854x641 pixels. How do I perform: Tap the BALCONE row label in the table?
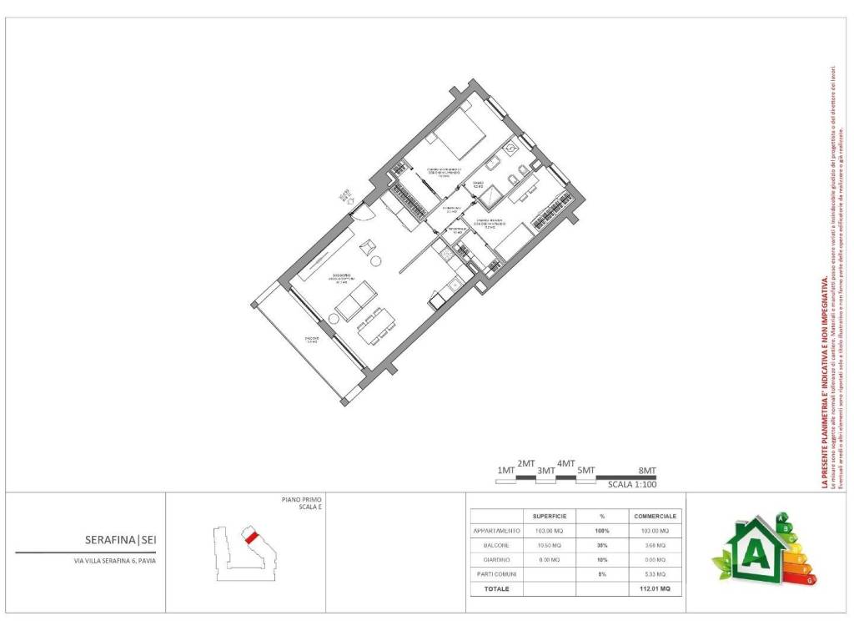[496, 545]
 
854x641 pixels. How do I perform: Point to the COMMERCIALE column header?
[655, 516]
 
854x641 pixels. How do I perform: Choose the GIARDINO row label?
[496, 559]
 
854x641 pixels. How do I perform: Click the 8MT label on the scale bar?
[647, 471]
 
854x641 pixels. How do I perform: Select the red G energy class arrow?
[808, 578]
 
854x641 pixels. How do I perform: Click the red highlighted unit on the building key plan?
[250, 538]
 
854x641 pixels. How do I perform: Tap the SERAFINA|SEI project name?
[120, 540]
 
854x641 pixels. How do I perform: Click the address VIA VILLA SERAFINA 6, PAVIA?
[114, 561]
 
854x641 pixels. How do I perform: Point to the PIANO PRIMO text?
[301, 499]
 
